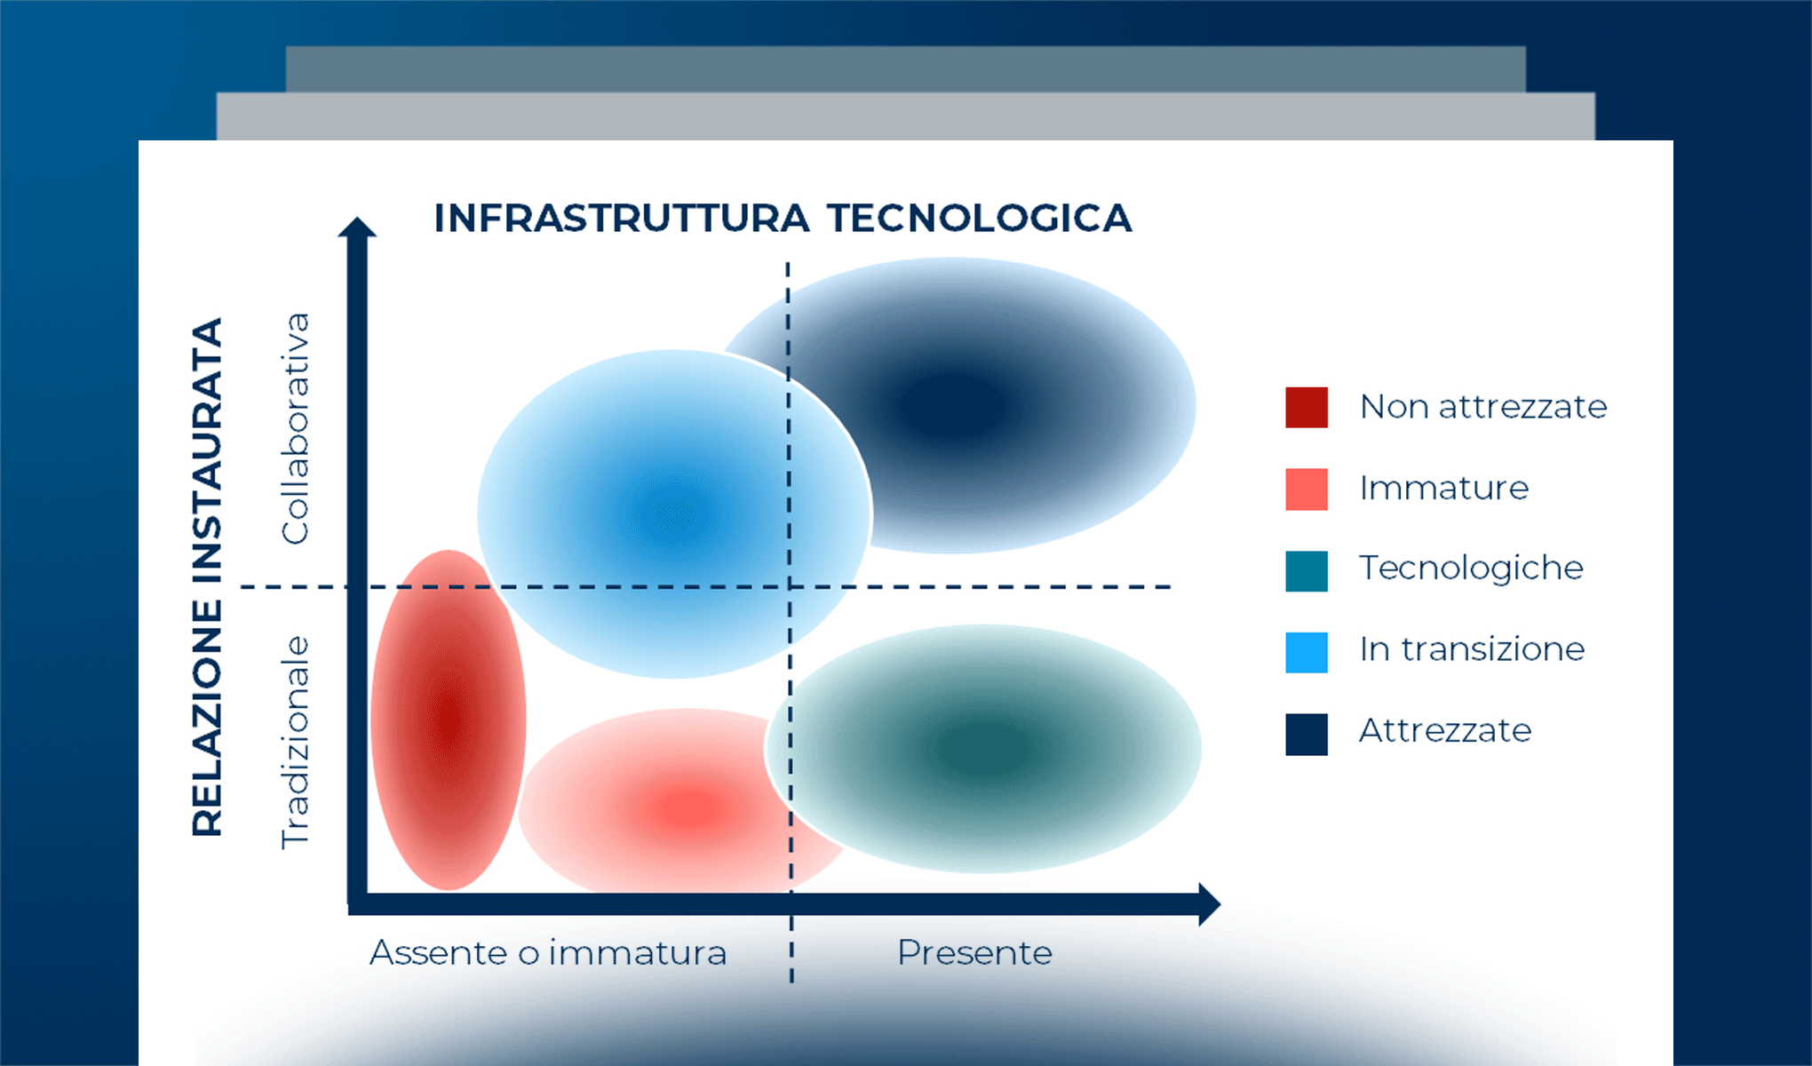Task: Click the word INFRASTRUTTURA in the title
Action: (621, 219)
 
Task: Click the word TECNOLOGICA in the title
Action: (979, 219)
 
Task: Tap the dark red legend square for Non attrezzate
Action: (1306, 407)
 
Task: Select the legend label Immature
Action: (1443, 488)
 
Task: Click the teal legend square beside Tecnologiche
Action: (1306, 570)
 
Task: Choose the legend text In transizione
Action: (1471, 649)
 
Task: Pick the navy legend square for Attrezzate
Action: (1306, 734)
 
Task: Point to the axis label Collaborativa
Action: (295, 428)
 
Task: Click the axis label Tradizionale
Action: (295, 743)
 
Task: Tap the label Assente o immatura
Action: (548, 953)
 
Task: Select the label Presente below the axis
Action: (974, 953)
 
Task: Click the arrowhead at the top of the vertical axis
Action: (357, 227)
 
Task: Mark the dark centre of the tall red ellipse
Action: (449, 720)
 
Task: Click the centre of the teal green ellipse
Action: (983, 749)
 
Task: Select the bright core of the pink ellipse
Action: (688, 808)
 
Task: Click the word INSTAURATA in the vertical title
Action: (207, 450)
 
